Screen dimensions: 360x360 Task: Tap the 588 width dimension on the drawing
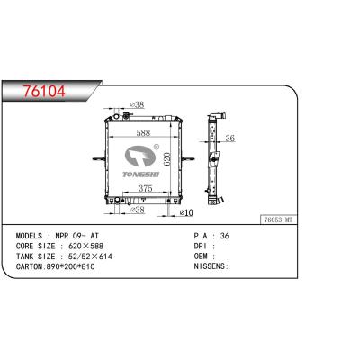tap(144, 131)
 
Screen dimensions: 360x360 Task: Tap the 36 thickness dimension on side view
tap(229, 138)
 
